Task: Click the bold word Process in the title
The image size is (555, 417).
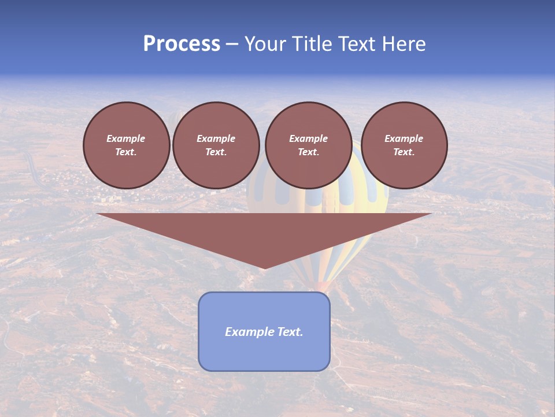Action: (x=182, y=44)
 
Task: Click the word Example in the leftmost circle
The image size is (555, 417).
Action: (x=126, y=138)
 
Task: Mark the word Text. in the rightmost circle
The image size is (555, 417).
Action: (x=404, y=152)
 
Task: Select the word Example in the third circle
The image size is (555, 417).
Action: (x=308, y=138)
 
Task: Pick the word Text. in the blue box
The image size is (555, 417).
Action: (x=291, y=332)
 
